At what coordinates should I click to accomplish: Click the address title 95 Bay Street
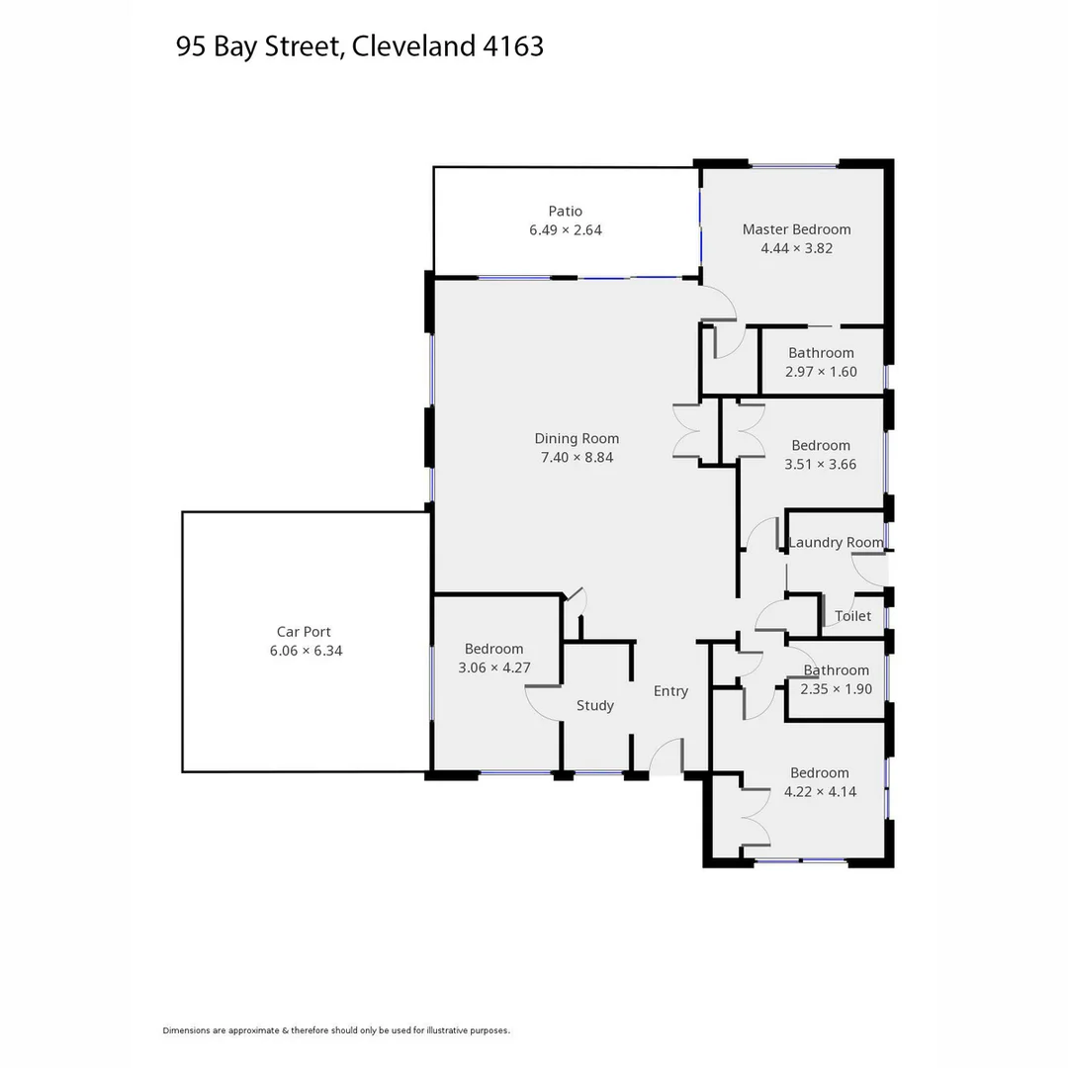point(359,46)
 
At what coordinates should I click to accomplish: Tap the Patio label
point(565,211)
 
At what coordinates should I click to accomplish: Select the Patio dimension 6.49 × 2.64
point(565,229)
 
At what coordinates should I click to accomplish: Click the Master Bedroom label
point(796,229)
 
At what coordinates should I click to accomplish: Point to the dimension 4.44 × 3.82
point(796,248)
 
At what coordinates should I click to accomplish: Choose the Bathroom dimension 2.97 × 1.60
point(821,372)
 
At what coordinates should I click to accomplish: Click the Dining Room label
point(577,439)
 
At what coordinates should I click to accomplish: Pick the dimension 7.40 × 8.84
point(577,458)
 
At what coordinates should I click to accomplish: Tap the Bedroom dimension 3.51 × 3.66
point(820,464)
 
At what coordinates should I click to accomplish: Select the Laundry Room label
point(836,542)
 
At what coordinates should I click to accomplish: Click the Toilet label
point(852,616)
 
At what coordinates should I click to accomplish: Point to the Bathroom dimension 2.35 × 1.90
point(836,689)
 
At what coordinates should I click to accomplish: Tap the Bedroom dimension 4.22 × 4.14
point(820,792)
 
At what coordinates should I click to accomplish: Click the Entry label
point(670,691)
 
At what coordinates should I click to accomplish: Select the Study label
point(594,706)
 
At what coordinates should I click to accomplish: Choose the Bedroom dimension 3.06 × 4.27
point(493,667)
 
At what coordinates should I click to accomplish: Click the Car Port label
point(304,632)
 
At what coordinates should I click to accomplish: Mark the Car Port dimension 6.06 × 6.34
point(306,651)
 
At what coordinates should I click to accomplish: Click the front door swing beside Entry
point(667,756)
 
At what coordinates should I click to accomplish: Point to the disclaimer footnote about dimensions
point(336,1030)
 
